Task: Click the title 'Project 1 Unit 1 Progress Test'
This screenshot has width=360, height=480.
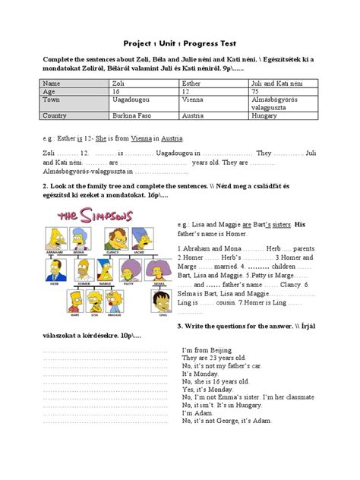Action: [180, 44]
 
